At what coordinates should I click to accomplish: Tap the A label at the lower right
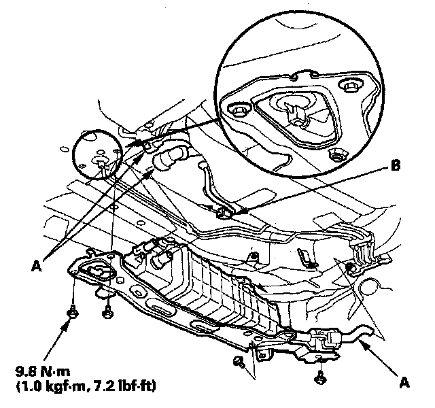pyautogui.click(x=405, y=382)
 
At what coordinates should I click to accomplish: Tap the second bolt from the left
pyautogui.click(x=106, y=312)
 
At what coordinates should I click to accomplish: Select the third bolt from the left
pyautogui.click(x=239, y=361)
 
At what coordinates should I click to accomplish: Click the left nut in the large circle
pyautogui.click(x=239, y=109)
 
